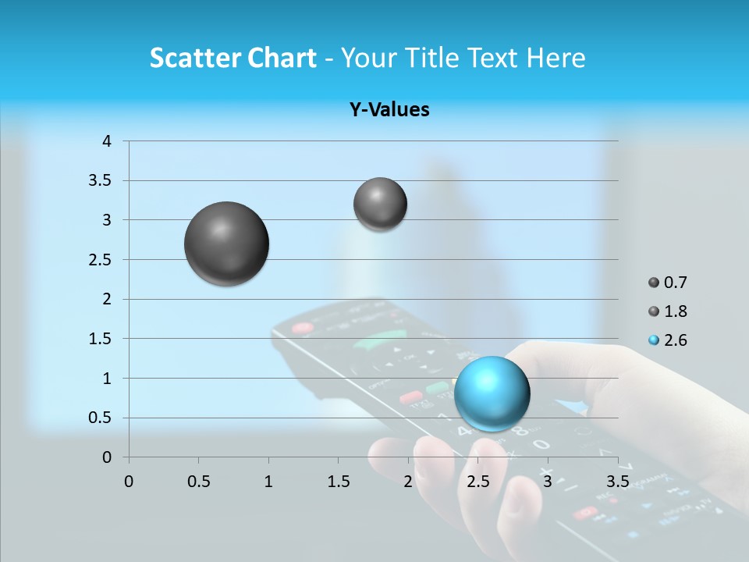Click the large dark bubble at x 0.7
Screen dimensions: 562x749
226,244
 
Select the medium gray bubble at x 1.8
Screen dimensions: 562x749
380,204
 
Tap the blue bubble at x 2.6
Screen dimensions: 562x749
492,393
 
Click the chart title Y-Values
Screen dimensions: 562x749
389,110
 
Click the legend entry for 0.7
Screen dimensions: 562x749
668,283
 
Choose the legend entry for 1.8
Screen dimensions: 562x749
668,311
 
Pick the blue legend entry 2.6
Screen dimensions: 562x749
668,340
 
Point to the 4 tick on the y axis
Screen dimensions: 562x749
108,141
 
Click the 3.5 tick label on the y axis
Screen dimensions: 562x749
101,180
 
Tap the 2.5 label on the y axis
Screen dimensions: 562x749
101,260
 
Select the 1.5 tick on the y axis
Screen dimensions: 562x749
101,339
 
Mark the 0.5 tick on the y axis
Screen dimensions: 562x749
101,418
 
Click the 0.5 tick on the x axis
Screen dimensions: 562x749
198,482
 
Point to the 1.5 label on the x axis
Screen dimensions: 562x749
338,482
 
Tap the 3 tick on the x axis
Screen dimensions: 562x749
548,482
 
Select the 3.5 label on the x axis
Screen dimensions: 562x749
617,482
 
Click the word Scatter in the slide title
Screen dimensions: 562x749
193,58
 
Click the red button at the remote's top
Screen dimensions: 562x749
302,328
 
